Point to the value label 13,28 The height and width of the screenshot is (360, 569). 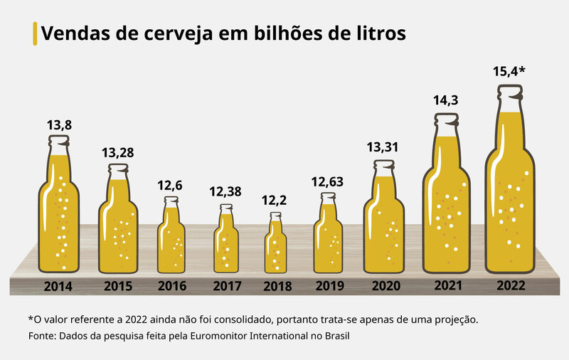pos(118,153)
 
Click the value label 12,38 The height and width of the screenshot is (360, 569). pos(225,191)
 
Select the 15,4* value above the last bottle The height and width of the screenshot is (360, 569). pos(509,72)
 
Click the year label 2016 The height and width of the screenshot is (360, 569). pos(171,287)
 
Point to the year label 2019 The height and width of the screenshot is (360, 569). pos(329,287)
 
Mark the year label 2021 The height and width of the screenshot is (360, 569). pos(447,286)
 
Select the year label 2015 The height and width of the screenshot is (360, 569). pos(118,287)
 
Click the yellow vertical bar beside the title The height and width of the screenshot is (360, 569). pos(35,33)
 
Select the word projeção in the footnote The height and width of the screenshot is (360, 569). pos(453,319)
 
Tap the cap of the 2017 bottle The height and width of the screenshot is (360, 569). pos(226,208)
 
